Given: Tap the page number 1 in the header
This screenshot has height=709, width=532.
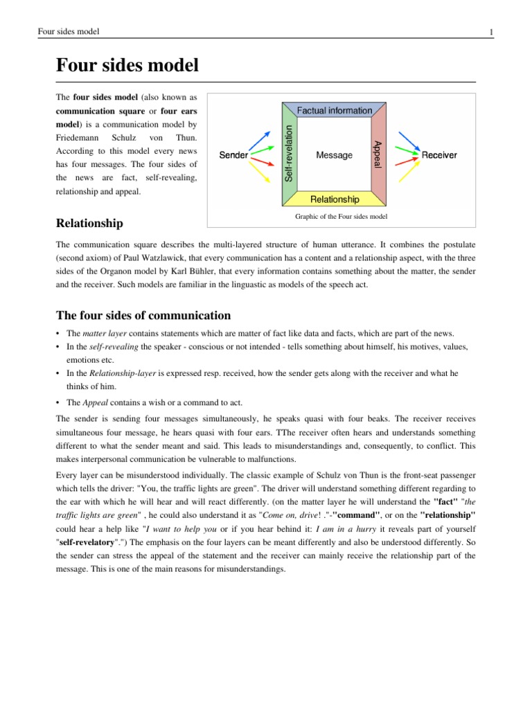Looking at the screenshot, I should click(x=490, y=32).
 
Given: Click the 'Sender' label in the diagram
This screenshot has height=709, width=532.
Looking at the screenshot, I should click(x=233, y=155).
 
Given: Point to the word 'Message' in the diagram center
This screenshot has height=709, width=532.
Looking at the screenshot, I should click(x=334, y=155).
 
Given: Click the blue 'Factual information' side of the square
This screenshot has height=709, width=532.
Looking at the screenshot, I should click(x=334, y=111).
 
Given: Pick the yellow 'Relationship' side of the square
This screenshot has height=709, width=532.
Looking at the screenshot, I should click(x=334, y=199).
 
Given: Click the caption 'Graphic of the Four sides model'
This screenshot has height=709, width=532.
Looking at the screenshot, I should click(x=341, y=217).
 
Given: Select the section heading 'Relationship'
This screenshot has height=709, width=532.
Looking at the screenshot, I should click(x=89, y=223).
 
